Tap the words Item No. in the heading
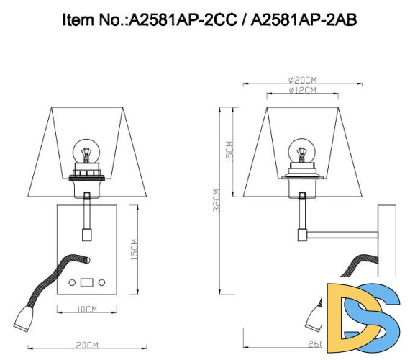[93, 20]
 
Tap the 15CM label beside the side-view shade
[229, 150]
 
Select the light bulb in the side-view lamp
[301, 153]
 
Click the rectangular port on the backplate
[88, 282]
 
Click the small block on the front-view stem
[87, 233]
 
